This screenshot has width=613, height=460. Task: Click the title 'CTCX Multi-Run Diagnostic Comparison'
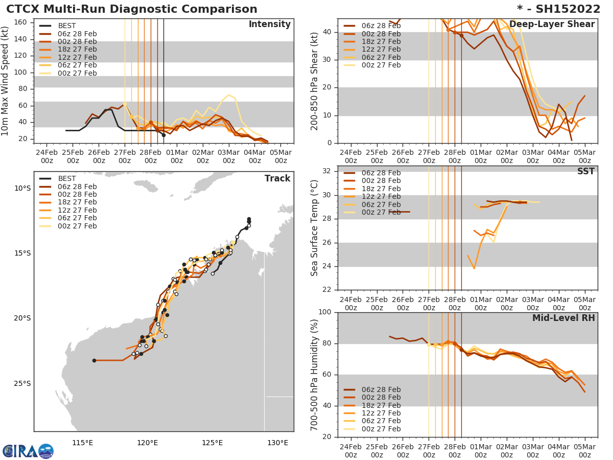132,9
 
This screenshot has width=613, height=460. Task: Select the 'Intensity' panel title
269,25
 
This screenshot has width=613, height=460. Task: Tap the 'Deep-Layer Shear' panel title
552,25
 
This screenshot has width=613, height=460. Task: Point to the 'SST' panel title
585,172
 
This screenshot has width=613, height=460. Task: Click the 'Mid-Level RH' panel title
563,318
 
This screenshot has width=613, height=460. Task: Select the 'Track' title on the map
277,178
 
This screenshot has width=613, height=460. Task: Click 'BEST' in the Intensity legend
67,26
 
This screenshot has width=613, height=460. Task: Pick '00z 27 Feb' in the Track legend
77,226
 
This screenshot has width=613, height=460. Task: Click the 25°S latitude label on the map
22,383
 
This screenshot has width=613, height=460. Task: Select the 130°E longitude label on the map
277,443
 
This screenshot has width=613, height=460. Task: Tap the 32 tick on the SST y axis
327,171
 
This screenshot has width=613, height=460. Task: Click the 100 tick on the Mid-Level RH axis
325,312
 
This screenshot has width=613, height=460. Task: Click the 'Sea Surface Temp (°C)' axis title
315,228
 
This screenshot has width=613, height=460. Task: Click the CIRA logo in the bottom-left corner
28,451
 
